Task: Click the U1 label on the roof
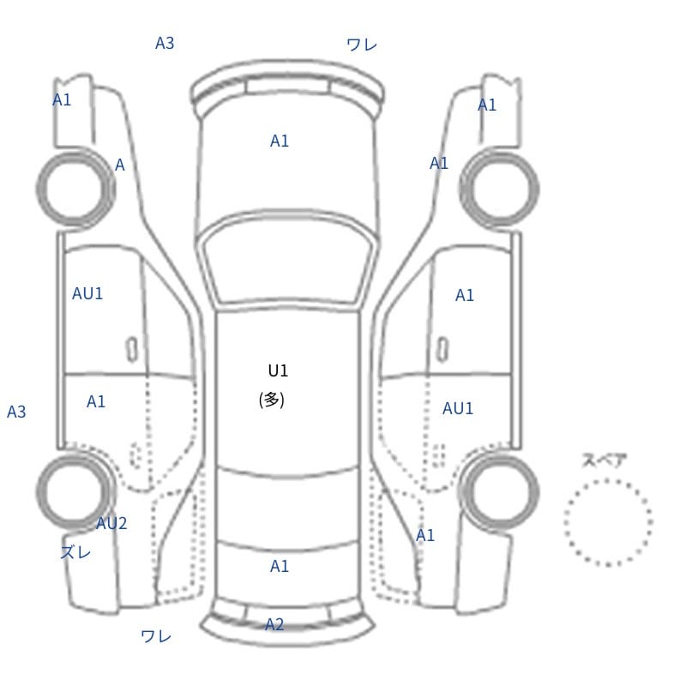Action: (278, 371)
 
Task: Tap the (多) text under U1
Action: (271, 400)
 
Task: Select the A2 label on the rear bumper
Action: (274, 624)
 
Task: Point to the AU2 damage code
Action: (111, 523)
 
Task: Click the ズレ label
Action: (75, 552)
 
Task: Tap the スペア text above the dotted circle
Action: (599, 460)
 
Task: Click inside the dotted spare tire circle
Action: (608, 522)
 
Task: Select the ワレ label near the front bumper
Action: (362, 45)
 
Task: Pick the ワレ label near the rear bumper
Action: (156, 636)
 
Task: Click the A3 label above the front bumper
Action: (165, 44)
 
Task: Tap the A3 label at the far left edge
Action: (16, 412)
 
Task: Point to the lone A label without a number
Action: (119, 165)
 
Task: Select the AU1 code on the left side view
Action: (87, 293)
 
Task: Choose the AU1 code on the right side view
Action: (458, 409)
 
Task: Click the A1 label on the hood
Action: (280, 141)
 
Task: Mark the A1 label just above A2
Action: (280, 566)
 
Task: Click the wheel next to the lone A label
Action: (75, 188)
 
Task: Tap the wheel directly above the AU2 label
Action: (75, 490)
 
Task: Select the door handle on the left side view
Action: (132, 350)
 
